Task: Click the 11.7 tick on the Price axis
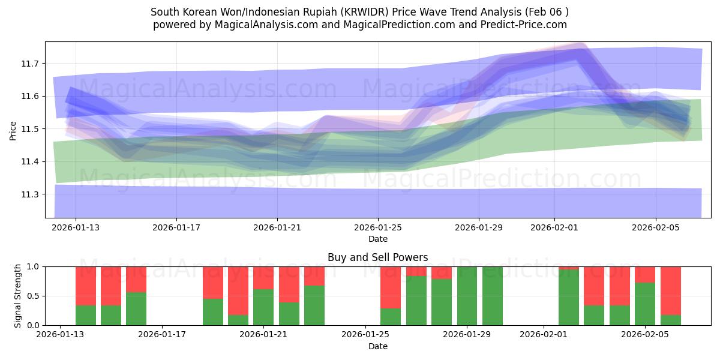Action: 31,64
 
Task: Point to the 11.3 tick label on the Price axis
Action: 31,194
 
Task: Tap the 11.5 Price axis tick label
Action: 31,129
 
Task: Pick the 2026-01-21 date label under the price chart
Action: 277,228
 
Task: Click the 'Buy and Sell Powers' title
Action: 377,257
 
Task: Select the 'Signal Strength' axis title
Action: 18,296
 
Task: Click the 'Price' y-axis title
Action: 13,130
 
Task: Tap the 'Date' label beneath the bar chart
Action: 377,346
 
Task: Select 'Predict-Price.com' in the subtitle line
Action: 524,25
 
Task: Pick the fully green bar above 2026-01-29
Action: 467,296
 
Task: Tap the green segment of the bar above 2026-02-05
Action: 645,304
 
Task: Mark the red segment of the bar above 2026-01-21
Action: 263,277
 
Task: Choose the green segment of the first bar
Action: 86,315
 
